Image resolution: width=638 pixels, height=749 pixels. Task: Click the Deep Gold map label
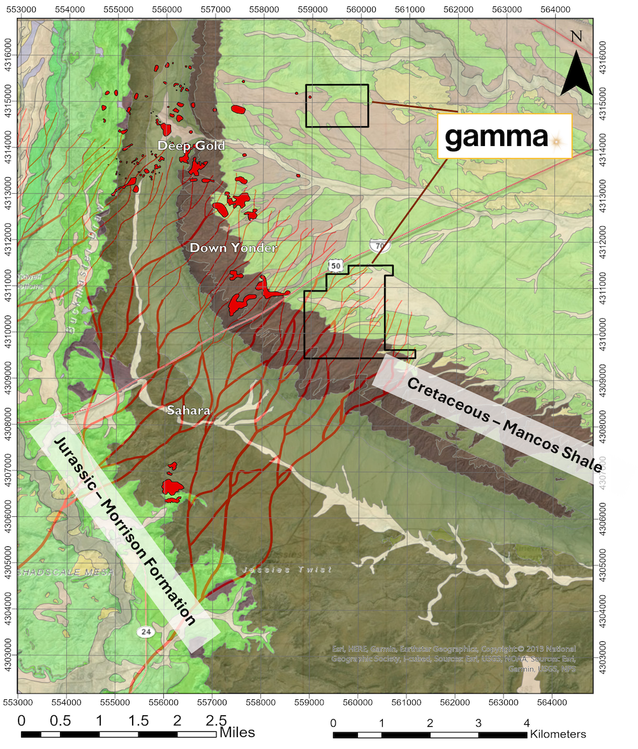[191, 146]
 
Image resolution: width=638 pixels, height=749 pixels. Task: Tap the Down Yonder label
[233, 247]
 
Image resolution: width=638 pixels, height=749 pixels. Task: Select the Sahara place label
[188, 410]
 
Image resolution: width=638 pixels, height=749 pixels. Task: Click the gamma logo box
[505, 136]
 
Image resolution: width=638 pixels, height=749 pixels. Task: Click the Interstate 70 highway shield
[379, 246]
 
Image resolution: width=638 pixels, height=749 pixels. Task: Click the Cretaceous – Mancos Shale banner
[505, 425]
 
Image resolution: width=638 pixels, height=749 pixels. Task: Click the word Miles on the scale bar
[237, 733]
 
